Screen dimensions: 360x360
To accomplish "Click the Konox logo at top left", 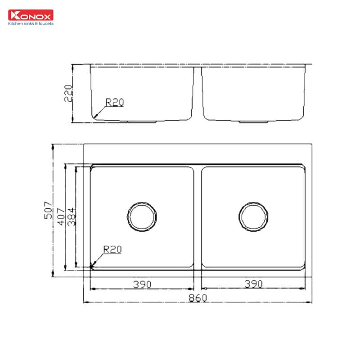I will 31,15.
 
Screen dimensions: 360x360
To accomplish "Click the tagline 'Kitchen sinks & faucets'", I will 31,23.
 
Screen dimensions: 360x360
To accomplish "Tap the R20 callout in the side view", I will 114,103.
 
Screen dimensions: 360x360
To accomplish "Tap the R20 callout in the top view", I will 112,249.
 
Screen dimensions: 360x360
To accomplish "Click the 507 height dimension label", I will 49,211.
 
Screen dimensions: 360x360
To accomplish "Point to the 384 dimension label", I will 71,216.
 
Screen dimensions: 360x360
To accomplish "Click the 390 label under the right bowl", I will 253,284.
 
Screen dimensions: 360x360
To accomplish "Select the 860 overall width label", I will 197,298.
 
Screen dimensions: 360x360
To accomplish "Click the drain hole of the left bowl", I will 143,216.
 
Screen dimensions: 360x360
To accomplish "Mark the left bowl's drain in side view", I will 142,121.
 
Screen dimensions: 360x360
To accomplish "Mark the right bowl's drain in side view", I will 253,121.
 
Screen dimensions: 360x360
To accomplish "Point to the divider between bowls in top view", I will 198,216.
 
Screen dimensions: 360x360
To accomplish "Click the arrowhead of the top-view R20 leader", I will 93,265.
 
